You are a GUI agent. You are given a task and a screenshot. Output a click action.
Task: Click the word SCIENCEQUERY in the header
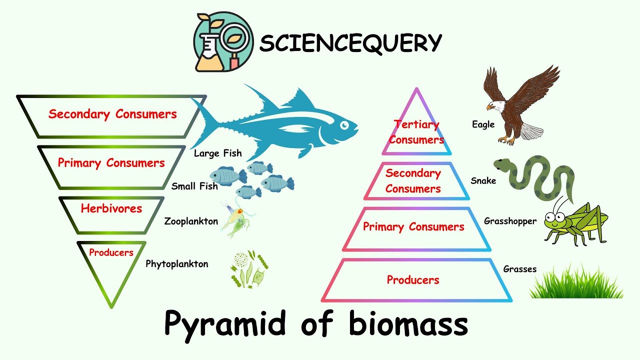(350, 43)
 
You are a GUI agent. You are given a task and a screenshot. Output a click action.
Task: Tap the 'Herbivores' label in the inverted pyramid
(111, 208)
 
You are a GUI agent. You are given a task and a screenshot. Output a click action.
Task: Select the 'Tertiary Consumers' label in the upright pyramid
(416, 132)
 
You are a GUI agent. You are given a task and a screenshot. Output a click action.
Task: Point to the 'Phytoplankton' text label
(177, 264)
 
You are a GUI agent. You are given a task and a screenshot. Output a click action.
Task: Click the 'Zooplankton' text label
(191, 221)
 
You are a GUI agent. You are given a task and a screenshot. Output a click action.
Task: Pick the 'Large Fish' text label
(217, 153)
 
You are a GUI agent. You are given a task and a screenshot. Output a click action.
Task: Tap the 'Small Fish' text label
(194, 186)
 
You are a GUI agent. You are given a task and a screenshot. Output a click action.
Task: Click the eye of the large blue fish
(344, 125)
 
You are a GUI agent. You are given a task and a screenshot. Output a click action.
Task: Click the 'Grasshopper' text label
(510, 221)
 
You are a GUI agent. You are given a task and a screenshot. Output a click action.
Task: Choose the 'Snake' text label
(483, 180)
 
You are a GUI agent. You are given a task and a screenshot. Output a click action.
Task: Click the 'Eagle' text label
(483, 124)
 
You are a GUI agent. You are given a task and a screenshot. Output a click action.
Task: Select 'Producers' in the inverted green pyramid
(111, 252)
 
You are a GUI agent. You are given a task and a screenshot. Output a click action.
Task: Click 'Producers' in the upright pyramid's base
(413, 280)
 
